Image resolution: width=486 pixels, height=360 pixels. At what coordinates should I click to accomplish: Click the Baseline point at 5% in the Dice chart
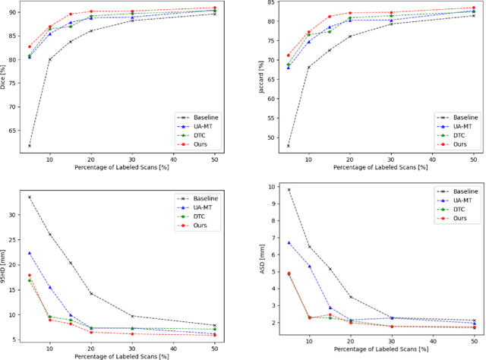(30, 146)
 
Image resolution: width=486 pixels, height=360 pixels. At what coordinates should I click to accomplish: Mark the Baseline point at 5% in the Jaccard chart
(288, 146)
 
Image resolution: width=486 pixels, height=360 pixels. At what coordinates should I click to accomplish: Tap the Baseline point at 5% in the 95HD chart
(30, 197)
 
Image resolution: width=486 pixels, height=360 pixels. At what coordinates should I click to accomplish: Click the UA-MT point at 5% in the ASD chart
(289, 242)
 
